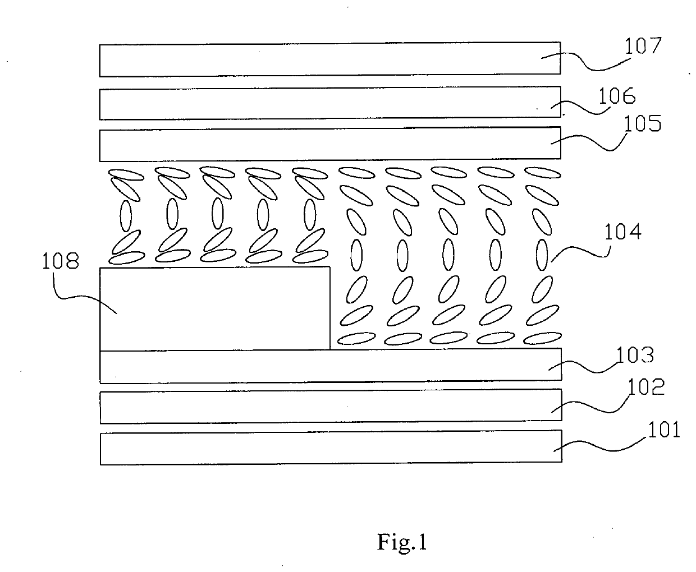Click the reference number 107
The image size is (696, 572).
click(643, 46)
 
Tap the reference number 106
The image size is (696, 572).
click(617, 96)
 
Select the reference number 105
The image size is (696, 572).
click(643, 124)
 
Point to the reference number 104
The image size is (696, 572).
click(622, 232)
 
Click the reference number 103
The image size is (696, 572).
click(635, 355)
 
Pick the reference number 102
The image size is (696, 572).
click(646, 387)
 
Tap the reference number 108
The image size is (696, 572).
click(61, 261)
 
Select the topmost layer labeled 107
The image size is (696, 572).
click(330, 59)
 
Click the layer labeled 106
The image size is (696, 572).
click(330, 103)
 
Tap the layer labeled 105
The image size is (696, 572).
click(330, 144)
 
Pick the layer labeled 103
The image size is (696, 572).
click(331, 366)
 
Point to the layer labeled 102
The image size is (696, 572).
click(331, 406)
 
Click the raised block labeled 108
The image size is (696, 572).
click(215, 308)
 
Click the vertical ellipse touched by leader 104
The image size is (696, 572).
click(542, 255)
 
